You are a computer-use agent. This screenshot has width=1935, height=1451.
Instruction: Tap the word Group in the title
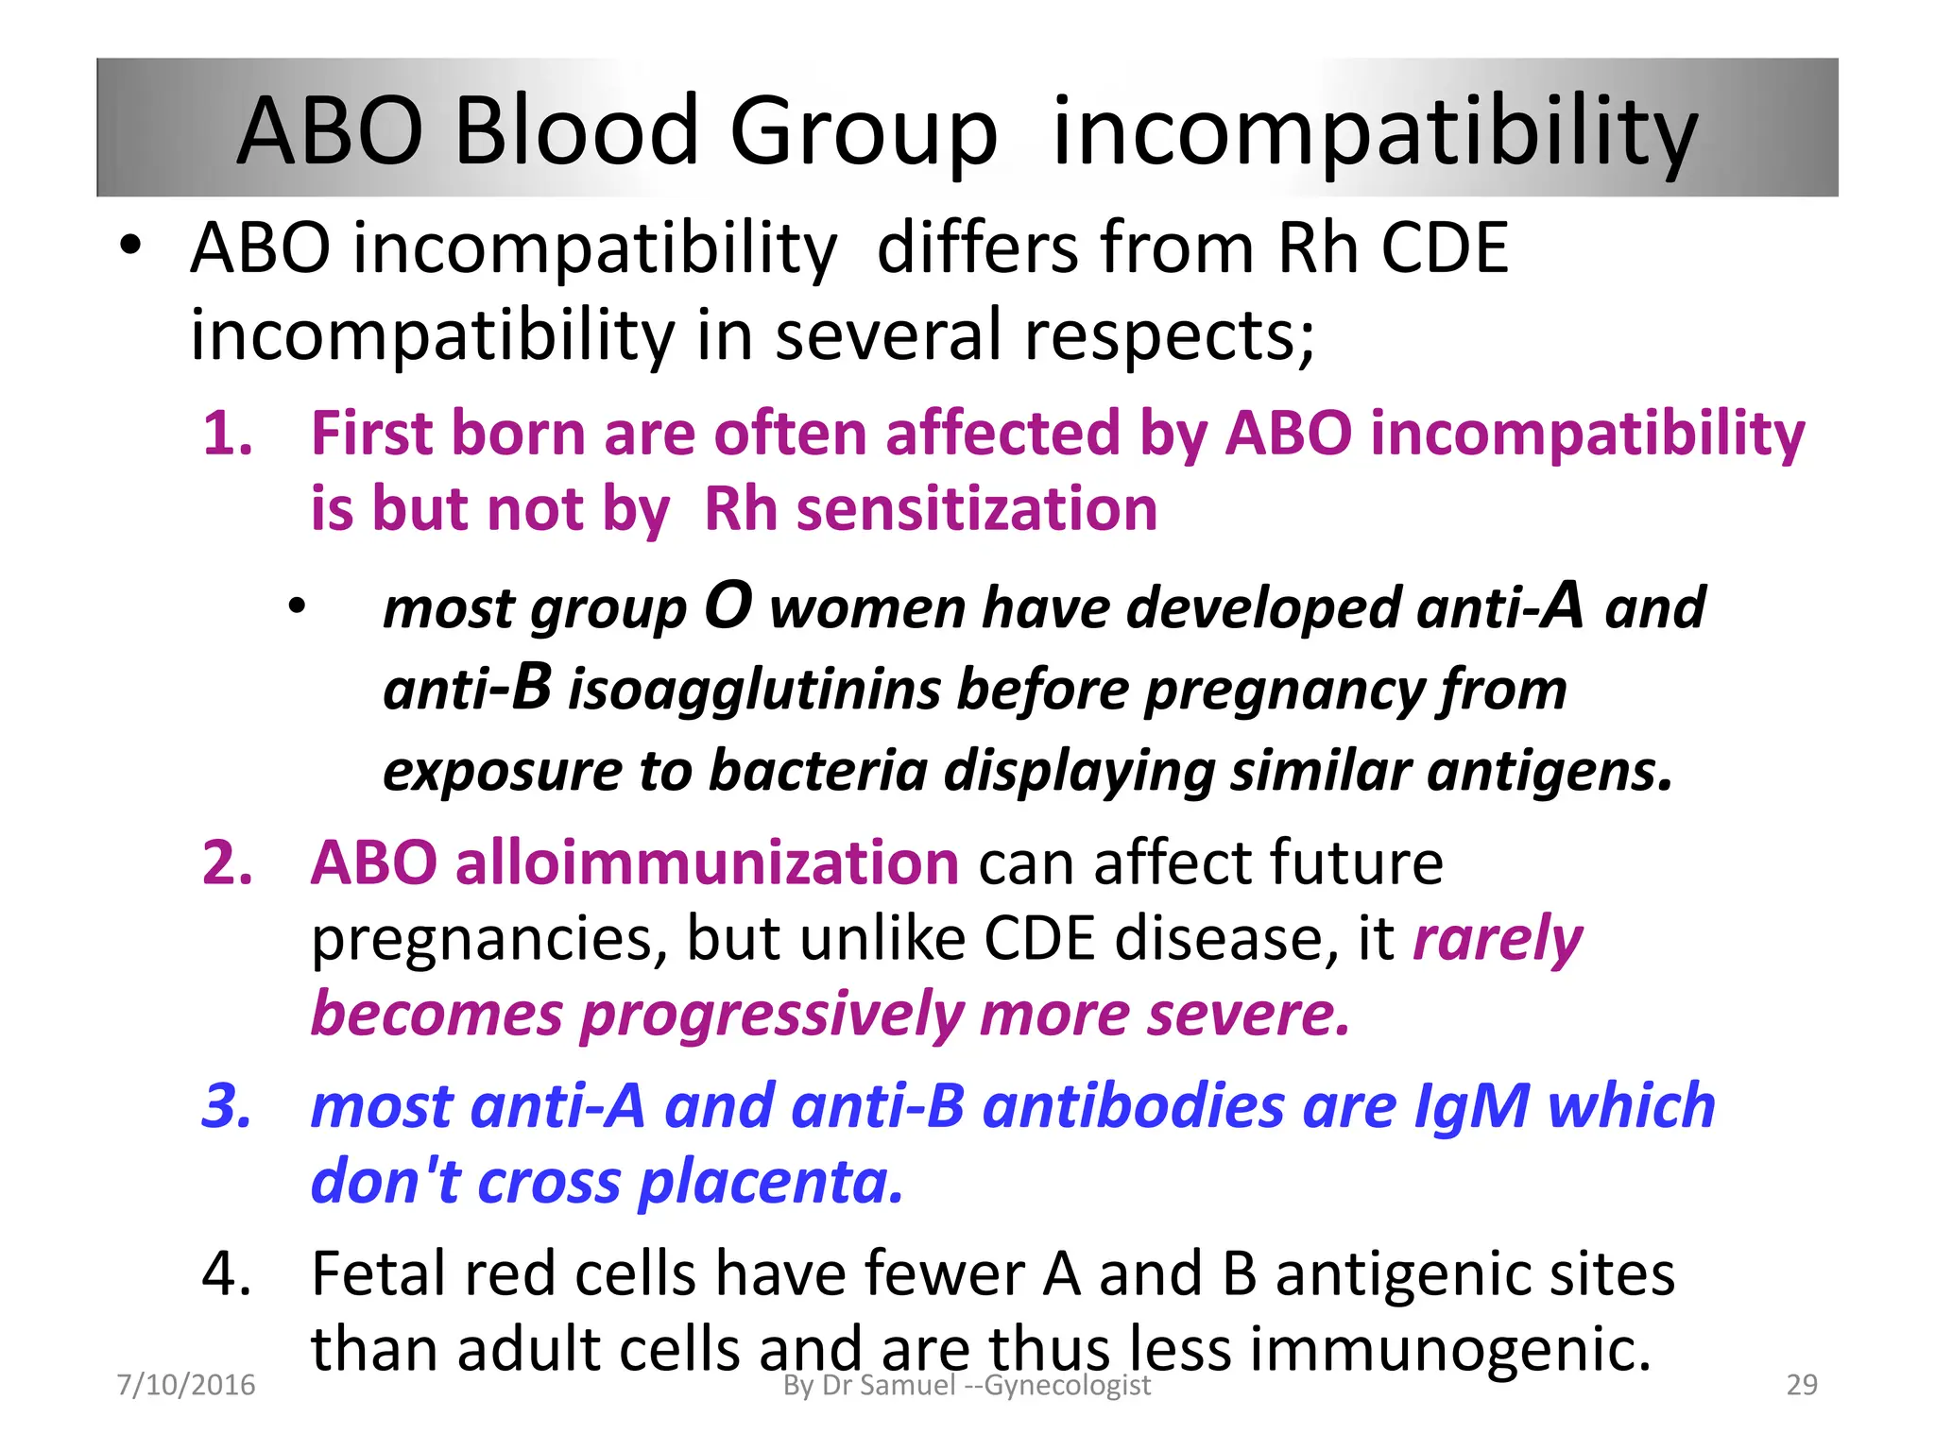863,132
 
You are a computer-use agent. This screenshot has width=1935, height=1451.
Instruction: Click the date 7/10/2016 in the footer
185,1385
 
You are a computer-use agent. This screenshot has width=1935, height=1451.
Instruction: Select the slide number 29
1802,1385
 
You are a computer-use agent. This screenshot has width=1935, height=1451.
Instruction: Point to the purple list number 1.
228,435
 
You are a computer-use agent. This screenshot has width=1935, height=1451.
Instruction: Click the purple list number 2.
228,863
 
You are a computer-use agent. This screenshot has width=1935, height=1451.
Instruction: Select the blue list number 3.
228,1106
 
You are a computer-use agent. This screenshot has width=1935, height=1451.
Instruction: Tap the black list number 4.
228,1274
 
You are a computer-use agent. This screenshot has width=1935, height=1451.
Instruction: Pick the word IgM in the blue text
1470,1106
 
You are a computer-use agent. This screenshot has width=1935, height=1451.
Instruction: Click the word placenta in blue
770,1183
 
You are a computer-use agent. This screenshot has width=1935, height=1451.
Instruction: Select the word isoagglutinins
753,690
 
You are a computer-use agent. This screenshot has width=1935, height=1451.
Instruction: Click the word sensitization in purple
977,510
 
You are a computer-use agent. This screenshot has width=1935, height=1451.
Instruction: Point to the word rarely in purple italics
1497,940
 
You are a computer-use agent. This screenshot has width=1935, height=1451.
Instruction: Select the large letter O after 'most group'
728,606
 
